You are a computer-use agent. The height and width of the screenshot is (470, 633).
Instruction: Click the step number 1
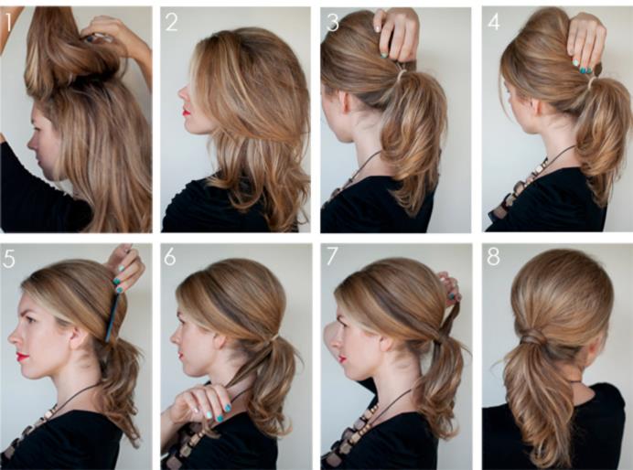tap(8, 23)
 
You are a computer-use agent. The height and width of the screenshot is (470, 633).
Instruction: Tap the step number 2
tap(172, 23)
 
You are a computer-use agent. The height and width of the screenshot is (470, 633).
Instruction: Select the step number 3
tap(332, 23)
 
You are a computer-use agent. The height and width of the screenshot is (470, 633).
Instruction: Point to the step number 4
tap(494, 23)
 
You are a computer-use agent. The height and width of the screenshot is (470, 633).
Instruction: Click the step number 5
tap(8, 259)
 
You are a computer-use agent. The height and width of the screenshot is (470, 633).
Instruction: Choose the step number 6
tap(170, 256)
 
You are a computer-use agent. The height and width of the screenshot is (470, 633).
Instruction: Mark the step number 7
tap(332, 256)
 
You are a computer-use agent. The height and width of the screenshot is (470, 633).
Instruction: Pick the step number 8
tap(493, 256)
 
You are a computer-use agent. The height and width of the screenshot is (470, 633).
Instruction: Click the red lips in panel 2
tap(186, 111)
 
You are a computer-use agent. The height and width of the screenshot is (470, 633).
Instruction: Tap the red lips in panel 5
tap(23, 357)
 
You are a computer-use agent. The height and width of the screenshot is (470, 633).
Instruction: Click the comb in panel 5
tap(113, 317)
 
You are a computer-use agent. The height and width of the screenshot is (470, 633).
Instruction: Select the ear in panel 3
tap(346, 101)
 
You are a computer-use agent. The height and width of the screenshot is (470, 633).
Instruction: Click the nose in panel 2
tap(183, 93)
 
